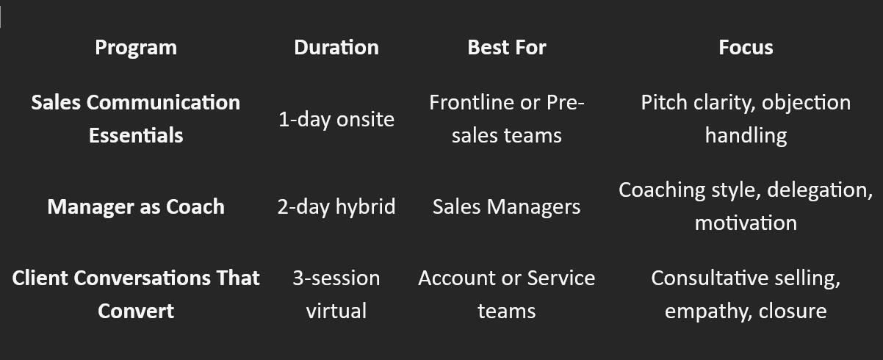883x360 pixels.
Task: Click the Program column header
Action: (x=136, y=48)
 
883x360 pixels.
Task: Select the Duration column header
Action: (x=336, y=48)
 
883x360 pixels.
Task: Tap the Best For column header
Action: (x=507, y=48)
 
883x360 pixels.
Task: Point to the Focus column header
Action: (x=746, y=48)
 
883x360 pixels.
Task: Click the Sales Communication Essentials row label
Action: (x=136, y=118)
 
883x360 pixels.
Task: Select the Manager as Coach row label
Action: (x=136, y=206)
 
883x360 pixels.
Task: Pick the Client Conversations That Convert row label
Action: (x=136, y=294)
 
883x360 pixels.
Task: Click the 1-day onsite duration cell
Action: (x=336, y=119)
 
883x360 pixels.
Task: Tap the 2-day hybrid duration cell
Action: (x=336, y=206)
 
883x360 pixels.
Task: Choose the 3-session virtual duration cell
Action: (x=336, y=294)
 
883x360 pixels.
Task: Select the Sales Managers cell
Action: (x=507, y=206)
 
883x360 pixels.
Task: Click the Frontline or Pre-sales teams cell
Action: (x=507, y=118)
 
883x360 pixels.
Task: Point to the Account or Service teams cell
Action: (x=507, y=294)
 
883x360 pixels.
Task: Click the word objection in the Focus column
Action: (x=806, y=103)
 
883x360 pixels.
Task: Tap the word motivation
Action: (x=746, y=223)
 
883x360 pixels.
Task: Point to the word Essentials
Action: (x=136, y=135)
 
